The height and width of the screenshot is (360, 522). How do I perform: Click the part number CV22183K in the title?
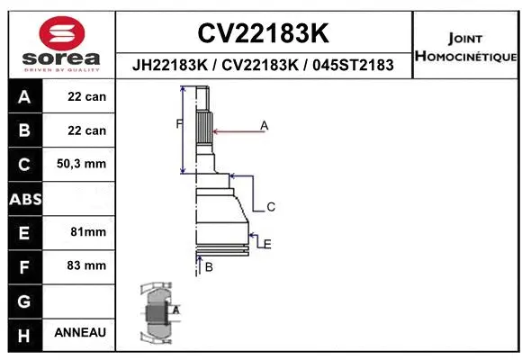click(x=262, y=34)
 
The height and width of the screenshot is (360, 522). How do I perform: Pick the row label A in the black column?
click(x=23, y=97)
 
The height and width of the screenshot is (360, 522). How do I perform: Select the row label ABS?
click(x=23, y=199)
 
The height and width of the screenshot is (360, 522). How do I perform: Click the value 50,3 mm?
click(x=81, y=164)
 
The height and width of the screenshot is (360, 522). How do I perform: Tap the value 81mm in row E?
click(x=87, y=232)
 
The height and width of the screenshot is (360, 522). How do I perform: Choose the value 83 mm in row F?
click(x=87, y=265)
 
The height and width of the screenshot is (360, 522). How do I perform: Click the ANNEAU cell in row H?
click(x=80, y=332)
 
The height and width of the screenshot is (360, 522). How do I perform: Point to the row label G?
click(x=23, y=300)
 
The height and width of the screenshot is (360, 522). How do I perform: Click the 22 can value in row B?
click(x=86, y=130)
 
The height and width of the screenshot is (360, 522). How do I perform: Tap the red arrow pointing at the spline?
click(x=236, y=131)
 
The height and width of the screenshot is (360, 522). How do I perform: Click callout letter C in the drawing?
click(x=270, y=207)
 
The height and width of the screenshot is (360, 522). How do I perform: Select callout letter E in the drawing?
click(x=267, y=243)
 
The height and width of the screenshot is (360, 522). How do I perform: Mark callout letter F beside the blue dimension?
click(x=177, y=123)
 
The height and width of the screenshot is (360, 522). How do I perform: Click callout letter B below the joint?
click(x=208, y=267)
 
